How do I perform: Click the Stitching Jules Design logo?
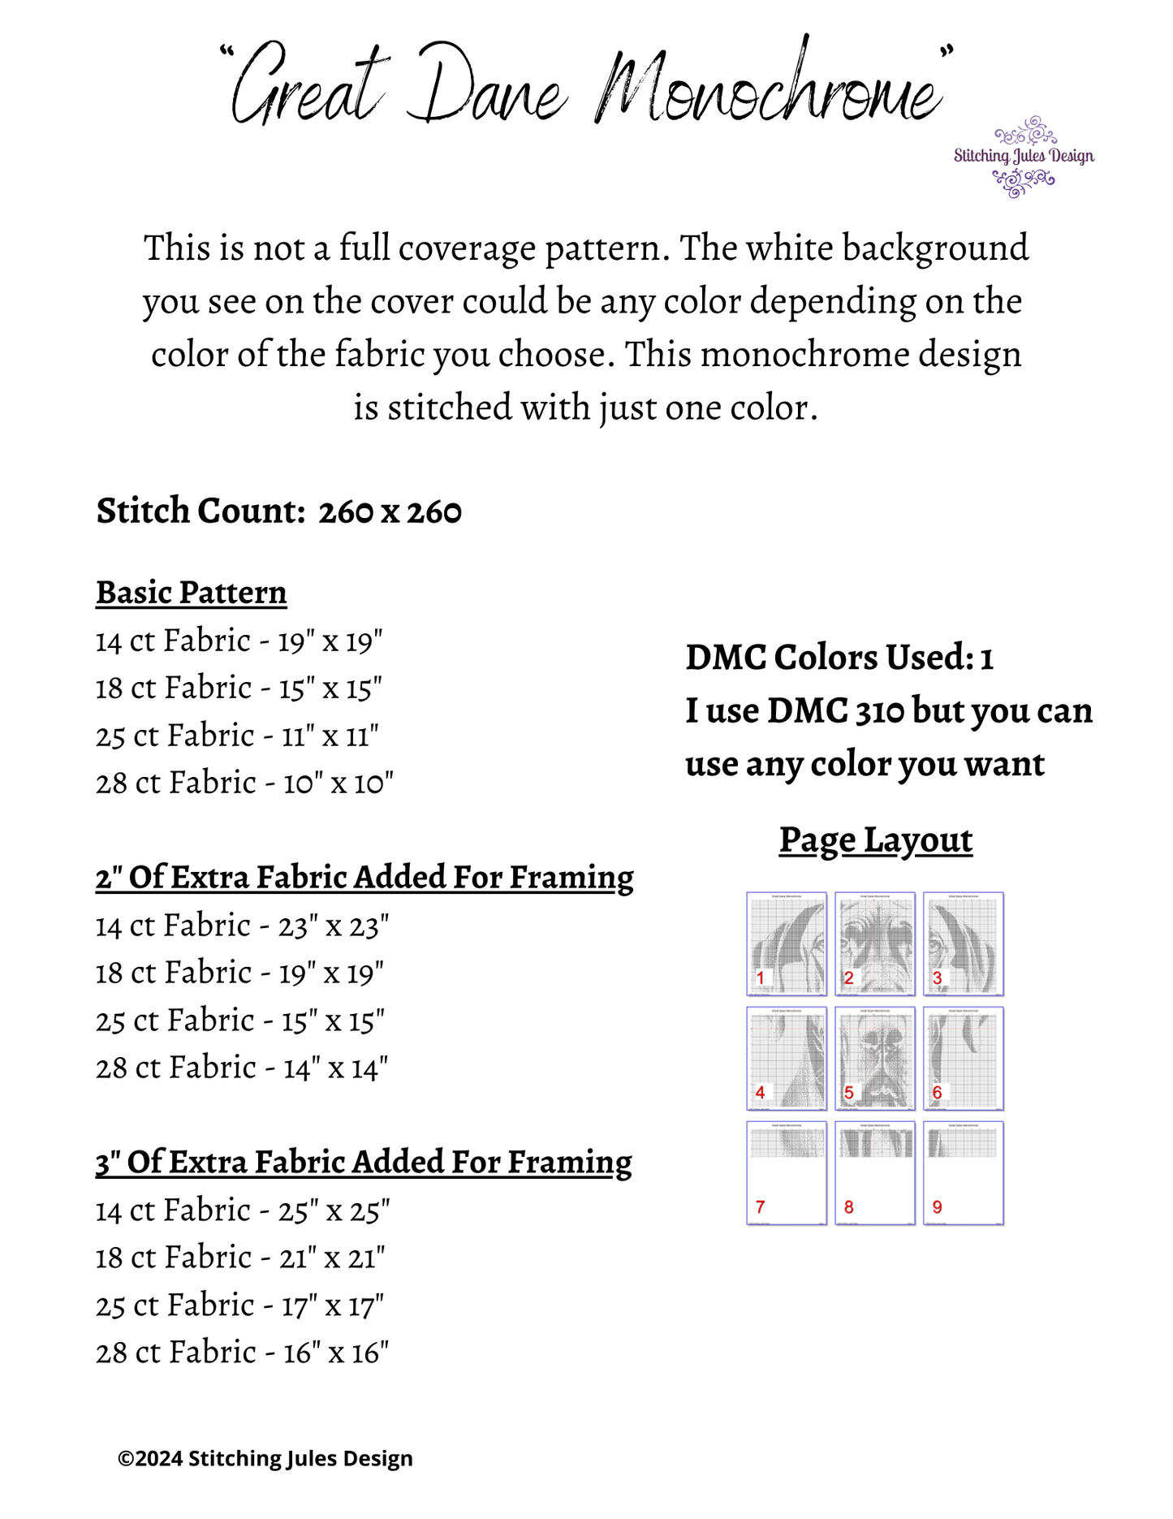(x=1024, y=157)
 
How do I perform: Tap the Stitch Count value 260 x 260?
(x=390, y=512)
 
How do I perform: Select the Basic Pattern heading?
(x=192, y=593)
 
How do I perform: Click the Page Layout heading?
(x=876, y=840)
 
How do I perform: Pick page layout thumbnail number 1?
(x=787, y=943)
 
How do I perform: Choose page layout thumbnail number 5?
(x=875, y=1058)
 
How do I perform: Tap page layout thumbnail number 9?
(x=964, y=1172)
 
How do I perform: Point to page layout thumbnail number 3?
(x=964, y=943)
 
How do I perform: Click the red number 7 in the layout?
(x=760, y=1207)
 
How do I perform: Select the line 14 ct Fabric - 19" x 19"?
(x=239, y=641)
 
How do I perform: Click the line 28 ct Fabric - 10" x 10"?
(x=244, y=783)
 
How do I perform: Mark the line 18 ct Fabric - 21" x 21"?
(x=240, y=1258)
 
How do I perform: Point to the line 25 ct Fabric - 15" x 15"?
(x=240, y=1021)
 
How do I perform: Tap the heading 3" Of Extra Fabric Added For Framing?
(x=364, y=1162)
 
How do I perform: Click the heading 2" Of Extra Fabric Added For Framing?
(x=364, y=878)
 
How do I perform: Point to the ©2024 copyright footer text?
(x=265, y=1459)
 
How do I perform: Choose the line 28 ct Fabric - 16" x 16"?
(x=243, y=1353)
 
